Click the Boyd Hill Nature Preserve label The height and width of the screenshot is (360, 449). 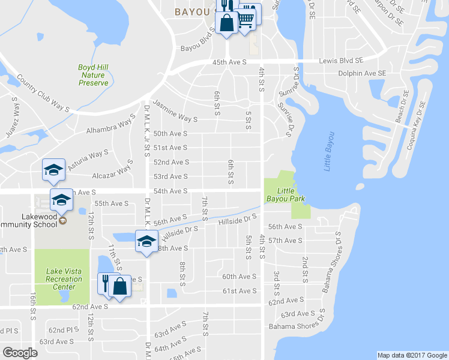[93, 75]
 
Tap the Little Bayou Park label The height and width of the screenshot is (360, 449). [285, 194]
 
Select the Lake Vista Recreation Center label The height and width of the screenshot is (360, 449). [64, 278]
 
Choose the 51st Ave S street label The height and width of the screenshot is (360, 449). [170, 148]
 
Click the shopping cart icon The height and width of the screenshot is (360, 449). [246, 20]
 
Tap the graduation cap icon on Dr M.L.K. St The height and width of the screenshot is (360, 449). [145, 241]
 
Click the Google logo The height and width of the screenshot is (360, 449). [21, 353]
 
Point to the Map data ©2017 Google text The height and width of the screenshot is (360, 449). [411, 355]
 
